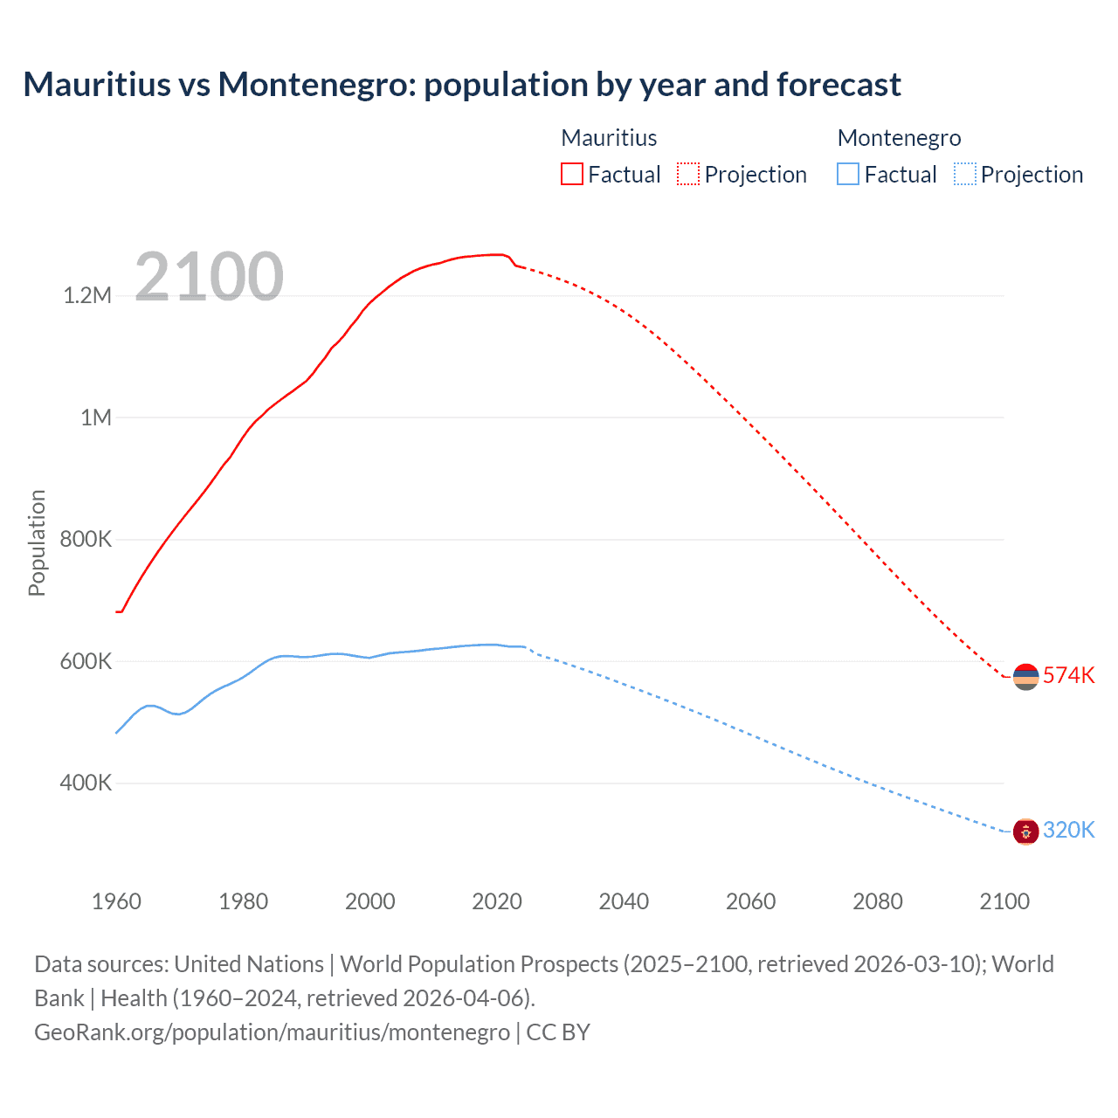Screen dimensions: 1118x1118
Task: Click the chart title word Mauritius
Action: pos(97,85)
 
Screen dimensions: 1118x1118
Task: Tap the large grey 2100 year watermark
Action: pos(209,277)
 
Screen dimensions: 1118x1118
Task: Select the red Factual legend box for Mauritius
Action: pos(571,174)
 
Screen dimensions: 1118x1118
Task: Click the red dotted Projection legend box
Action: pos(688,174)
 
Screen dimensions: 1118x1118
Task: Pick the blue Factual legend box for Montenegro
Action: pos(848,174)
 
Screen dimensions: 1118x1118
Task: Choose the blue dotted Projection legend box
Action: pos(965,174)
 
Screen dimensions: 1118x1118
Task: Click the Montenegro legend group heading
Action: pos(899,138)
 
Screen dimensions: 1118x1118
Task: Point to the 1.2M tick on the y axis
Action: pos(87,295)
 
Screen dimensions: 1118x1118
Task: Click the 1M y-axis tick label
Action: pos(96,418)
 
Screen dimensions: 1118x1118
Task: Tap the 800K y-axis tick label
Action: pos(86,539)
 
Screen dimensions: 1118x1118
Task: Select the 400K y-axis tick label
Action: pos(86,783)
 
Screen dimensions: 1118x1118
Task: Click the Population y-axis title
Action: pos(37,542)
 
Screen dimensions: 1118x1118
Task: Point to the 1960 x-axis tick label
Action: pos(116,901)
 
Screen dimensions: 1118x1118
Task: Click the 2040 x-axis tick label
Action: pos(624,901)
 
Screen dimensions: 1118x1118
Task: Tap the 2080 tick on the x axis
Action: pos(877,901)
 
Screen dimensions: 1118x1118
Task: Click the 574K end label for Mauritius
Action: pos(1068,675)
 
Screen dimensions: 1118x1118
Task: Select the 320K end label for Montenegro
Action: pos(1068,830)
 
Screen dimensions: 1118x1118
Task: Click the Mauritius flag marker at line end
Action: pos(1025,676)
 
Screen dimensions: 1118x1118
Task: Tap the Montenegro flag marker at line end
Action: pos(1025,832)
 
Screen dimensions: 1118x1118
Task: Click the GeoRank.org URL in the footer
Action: pos(272,1032)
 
